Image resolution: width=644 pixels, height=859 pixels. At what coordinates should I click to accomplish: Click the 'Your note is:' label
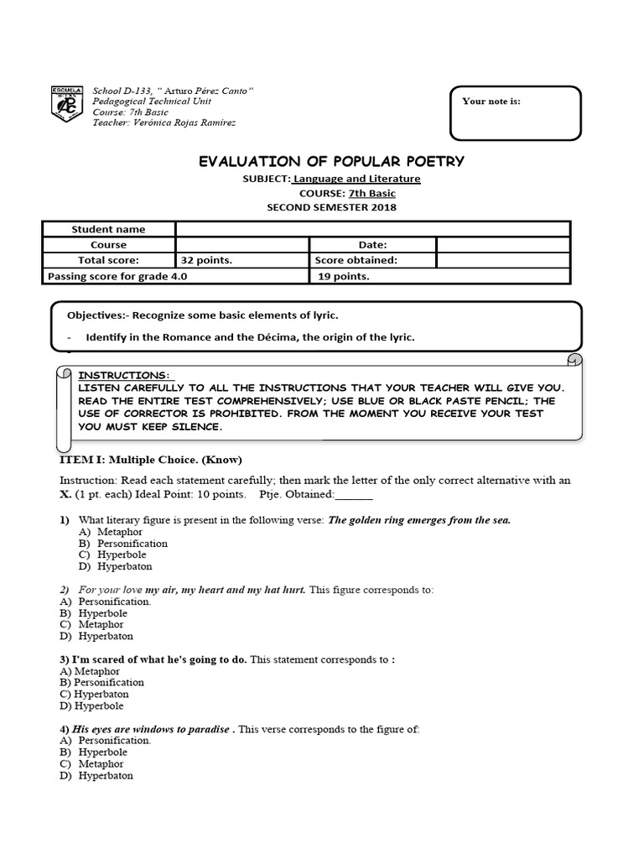coord(491,101)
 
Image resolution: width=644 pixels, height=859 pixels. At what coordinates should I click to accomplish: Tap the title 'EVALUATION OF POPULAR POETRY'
coord(330,161)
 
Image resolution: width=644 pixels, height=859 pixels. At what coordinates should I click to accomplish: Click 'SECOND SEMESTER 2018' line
coord(331,207)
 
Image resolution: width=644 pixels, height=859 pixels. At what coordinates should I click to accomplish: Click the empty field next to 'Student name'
coord(372,229)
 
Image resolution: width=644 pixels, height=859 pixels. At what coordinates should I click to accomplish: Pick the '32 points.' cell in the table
coord(206,260)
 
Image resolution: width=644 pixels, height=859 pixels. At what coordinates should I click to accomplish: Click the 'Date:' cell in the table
coord(372,245)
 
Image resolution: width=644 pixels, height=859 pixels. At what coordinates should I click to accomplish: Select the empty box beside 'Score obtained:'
coord(502,260)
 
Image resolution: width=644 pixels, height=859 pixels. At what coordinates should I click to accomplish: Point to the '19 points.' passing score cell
coord(344,276)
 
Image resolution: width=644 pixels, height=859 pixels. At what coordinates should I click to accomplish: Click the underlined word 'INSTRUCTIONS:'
coord(123,375)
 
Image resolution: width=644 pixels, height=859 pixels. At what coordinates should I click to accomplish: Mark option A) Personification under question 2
coord(111,601)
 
